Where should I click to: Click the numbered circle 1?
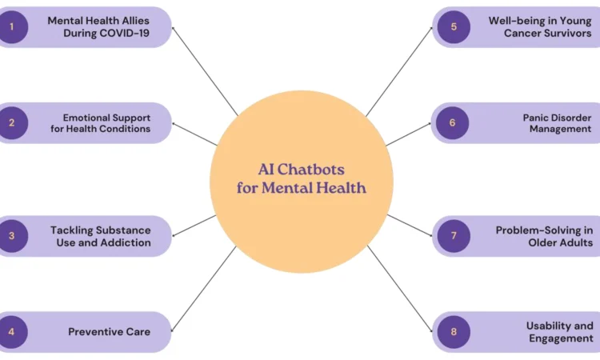[x=11, y=27]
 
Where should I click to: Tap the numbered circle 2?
[x=11, y=123]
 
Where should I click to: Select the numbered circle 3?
[x=11, y=236]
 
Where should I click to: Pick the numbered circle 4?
[x=11, y=331]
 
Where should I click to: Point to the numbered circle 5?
[x=454, y=27]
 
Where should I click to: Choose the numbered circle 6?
[x=452, y=123]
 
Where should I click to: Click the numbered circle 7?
[x=454, y=236]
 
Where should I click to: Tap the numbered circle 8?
[x=454, y=331]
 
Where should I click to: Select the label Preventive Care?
[x=109, y=332]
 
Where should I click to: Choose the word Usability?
[x=547, y=326]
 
